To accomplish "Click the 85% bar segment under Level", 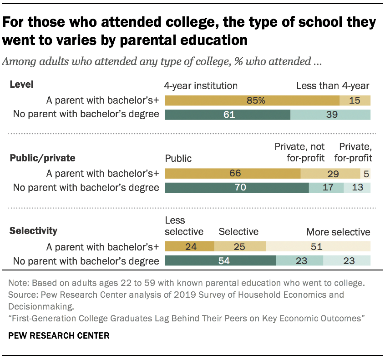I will click(252, 100).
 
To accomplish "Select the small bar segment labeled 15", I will click(355, 100).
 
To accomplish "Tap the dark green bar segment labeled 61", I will click(228, 115).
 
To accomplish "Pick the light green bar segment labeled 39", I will click(330, 115).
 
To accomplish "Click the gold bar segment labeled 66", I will click(233, 173).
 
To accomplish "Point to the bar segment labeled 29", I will click(330, 173).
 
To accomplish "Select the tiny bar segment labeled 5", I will click(365, 173).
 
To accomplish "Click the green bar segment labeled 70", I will click(237, 187).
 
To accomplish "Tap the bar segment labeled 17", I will click(326, 187).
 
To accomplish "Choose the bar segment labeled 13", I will click(357, 187).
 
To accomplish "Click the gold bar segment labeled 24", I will click(189, 247).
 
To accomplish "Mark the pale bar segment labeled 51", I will click(318, 247).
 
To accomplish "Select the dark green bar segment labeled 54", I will click(220, 261).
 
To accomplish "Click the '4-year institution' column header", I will click(201, 85).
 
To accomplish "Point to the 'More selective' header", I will click(338, 232).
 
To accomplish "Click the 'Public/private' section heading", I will click(43, 158).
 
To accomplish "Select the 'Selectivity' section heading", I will click(34, 230).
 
